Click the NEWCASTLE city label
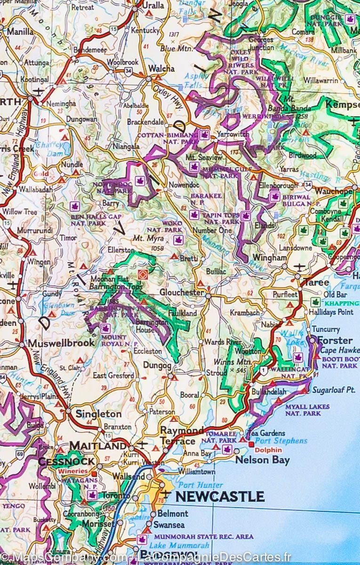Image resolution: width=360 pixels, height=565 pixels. (219, 496)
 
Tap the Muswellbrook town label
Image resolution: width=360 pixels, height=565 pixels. (61, 343)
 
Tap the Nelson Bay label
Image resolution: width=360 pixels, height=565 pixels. (262, 460)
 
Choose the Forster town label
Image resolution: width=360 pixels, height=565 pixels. (335, 340)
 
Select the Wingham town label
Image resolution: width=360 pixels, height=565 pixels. (269, 258)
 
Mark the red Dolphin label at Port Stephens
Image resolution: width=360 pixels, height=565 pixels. (269, 450)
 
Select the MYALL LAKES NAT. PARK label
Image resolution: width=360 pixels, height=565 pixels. (307, 410)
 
